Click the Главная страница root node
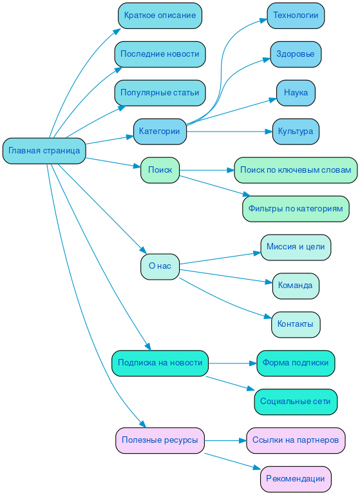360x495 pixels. click(44, 151)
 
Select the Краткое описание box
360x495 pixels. click(160, 15)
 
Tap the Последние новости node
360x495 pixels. click(160, 54)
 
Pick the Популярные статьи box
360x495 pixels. click(160, 93)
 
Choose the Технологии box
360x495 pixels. click(296, 15)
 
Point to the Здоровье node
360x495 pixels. click(296, 54)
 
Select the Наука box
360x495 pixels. click(296, 93)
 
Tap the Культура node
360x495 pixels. click(296, 131)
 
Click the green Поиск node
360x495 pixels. click(160, 170)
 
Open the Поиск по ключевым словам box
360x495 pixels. click(296, 170)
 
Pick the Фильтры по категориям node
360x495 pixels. click(296, 209)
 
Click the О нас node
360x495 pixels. click(160, 266)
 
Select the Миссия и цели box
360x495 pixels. click(296, 247)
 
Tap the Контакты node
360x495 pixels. click(296, 324)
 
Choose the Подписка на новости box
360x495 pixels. click(160, 363)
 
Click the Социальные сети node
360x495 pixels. click(296, 402)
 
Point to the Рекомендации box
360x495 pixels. click(296, 479)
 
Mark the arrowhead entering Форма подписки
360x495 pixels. click(252, 364)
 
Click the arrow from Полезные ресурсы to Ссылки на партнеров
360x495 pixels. click(225, 441)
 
